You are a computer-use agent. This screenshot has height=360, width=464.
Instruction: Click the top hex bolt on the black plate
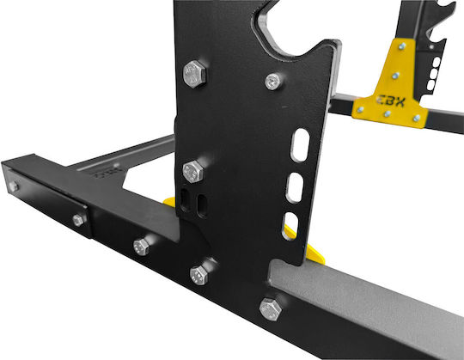(194, 74)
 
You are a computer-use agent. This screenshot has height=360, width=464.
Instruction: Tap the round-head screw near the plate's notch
(272, 81)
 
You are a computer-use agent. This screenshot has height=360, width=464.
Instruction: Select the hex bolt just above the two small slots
(193, 172)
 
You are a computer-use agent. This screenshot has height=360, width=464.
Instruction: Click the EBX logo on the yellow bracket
(390, 101)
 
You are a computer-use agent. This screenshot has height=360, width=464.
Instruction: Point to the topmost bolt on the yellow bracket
(402, 46)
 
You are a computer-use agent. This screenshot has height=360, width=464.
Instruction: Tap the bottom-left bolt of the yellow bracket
(360, 110)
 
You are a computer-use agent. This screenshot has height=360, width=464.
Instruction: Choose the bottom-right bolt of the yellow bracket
(417, 119)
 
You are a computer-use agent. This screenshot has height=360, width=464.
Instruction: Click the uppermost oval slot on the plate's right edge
(301, 145)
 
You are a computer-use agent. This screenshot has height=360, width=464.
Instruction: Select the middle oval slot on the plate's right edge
(295, 188)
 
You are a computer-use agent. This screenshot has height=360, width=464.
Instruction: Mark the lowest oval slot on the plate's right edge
(290, 225)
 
